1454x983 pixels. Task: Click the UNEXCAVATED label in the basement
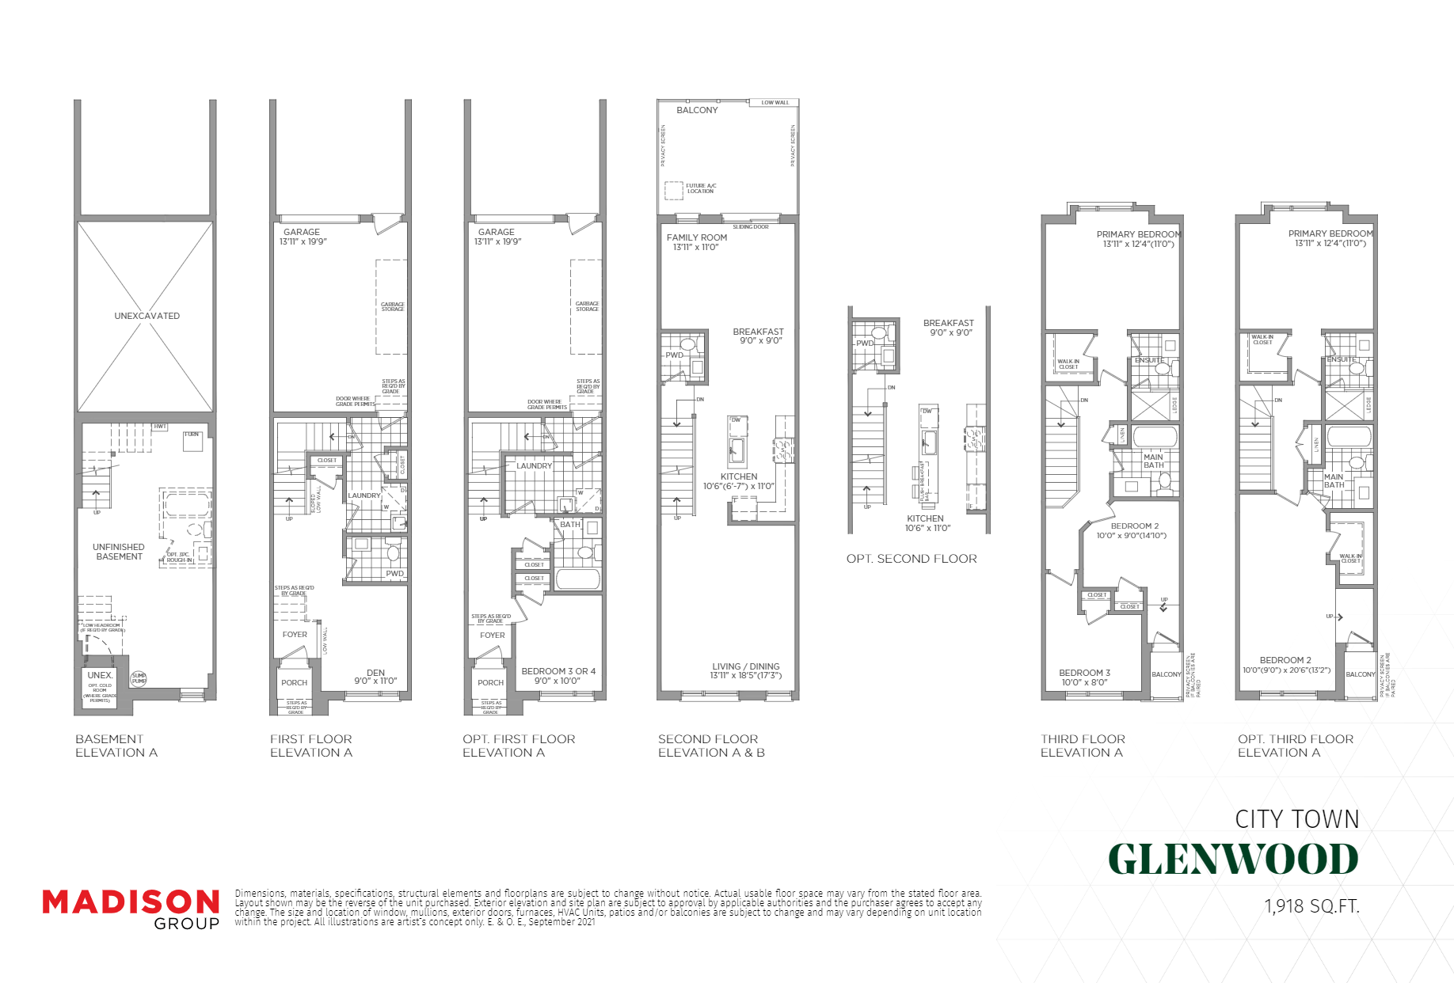147,316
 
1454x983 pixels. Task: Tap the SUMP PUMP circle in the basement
139,678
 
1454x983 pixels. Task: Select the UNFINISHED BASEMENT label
119,552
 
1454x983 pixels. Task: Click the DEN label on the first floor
375,673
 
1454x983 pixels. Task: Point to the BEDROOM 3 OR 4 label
558,671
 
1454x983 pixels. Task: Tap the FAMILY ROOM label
696,237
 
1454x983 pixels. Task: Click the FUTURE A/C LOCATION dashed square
673,190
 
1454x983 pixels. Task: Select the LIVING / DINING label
745,666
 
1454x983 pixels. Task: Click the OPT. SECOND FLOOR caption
912,559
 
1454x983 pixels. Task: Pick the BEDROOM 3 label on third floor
1084,673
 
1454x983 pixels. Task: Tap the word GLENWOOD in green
1233,860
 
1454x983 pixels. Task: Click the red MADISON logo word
131,902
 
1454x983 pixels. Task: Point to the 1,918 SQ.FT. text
1311,906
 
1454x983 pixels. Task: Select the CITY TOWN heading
1296,819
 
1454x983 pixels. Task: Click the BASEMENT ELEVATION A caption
116,746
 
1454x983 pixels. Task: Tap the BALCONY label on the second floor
697,110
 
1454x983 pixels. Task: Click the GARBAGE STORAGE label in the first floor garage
392,306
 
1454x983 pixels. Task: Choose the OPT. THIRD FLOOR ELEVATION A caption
1296,746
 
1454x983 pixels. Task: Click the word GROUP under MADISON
186,924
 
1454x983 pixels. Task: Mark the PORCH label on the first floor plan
294,682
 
